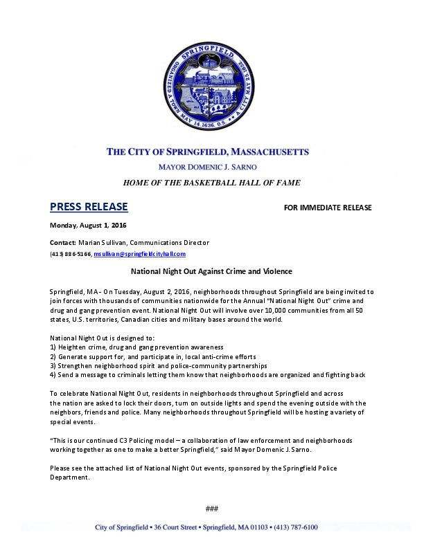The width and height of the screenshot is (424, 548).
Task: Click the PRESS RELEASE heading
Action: point(89,207)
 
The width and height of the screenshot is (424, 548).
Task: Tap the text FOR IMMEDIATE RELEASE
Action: point(328,208)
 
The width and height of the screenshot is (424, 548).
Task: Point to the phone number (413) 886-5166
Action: point(70,255)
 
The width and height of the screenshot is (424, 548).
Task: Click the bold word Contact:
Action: point(62,243)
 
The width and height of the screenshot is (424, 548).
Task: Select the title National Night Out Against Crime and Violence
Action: point(212,272)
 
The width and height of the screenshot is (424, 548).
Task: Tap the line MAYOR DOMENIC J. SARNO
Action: point(212,167)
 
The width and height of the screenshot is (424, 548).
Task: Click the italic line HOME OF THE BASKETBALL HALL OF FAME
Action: point(212,183)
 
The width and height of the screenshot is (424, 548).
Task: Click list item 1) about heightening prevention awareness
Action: point(136,346)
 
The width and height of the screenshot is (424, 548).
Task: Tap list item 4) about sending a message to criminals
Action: point(207,374)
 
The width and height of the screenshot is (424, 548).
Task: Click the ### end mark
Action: point(212,509)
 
